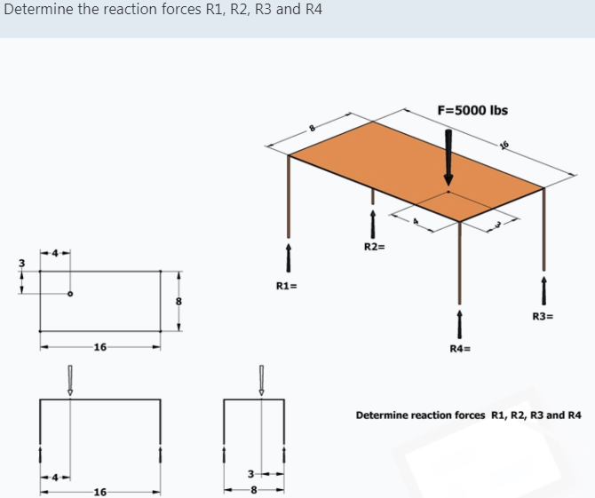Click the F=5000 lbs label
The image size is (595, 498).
pos(472,110)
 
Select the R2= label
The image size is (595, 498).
pos(374,245)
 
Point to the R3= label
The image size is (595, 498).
pos(543,315)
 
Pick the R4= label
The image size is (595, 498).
pos(459,348)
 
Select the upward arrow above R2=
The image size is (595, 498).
pos(374,223)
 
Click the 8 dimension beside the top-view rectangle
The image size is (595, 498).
pos(178,302)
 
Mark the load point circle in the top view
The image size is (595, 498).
pos(70,293)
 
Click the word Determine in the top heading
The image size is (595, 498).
pos(36,10)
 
